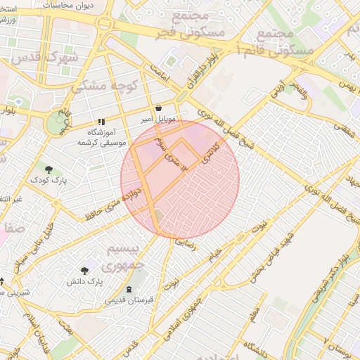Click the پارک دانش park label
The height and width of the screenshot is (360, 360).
click(x=85, y=281)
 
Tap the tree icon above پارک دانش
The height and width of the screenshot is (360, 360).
click(x=85, y=270)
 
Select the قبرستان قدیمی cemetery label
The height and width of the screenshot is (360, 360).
click(x=128, y=300)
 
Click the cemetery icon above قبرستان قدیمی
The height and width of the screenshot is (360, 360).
click(x=128, y=289)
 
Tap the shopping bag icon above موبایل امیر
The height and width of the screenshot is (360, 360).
click(x=158, y=108)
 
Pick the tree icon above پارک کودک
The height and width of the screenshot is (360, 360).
click(x=49, y=169)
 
